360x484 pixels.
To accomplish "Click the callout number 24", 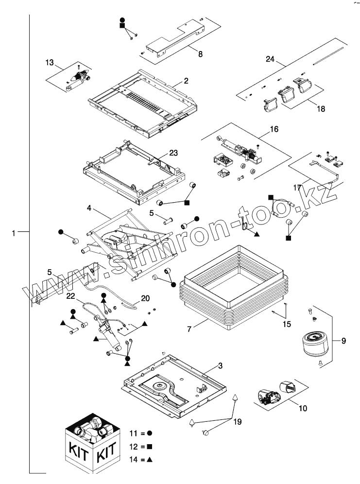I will click(270, 60).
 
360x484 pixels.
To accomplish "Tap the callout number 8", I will click(201, 54).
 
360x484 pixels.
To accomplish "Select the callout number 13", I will click(50, 63).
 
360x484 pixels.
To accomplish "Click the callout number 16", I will click(274, 130).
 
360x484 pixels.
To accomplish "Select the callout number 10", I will click(303, 408).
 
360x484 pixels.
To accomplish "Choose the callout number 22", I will click(71, 296).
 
